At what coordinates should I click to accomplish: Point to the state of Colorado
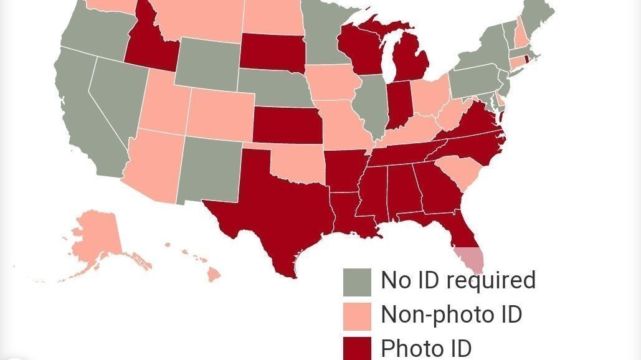pos(218,112)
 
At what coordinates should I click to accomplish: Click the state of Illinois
pos(372,103)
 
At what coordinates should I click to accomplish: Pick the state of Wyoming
pos(206,62)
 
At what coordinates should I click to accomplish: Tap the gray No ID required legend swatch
pos(357,282)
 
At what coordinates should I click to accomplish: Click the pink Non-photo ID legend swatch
pos(357,316)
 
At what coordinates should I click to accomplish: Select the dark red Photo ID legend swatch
pos(357,348)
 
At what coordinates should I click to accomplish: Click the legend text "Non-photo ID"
pos(451,315)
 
